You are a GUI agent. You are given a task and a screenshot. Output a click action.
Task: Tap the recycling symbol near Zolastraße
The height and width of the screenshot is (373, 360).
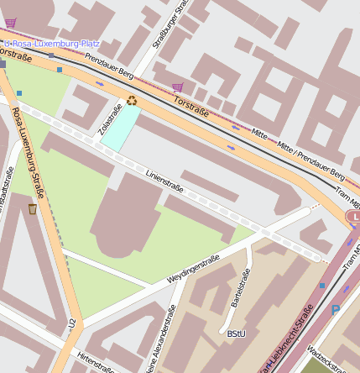tap(132, 102)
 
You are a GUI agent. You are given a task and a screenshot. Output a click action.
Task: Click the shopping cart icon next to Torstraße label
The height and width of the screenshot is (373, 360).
tap(178, 87)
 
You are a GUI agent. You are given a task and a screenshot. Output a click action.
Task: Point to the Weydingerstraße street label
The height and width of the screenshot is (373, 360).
tap(193, 267)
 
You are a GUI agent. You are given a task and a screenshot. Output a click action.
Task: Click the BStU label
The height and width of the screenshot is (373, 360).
tap(236, 334)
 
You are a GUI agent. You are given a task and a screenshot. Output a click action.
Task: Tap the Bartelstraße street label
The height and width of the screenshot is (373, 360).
tap(240, 288)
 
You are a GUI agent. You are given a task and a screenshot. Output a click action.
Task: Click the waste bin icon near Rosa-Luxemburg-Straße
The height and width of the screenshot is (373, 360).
tap(33, 208)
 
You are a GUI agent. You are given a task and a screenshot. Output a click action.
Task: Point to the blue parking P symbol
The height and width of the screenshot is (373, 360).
tap(336, 311)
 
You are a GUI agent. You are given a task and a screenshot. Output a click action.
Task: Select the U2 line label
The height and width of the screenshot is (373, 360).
tap(73, 323)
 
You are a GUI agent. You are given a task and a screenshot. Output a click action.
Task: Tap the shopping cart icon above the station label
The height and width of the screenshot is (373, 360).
tap(11, 23)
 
